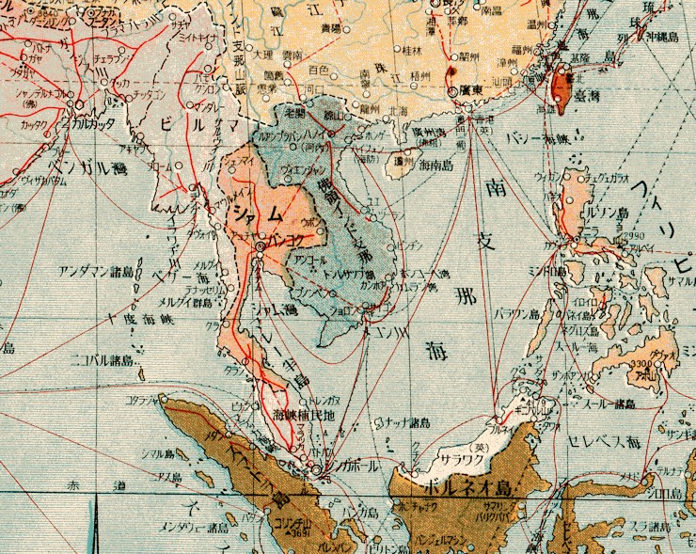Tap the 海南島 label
[x=439, y=166]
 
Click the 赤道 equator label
[x=94, y=486]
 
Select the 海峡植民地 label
[x=301, y=413]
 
